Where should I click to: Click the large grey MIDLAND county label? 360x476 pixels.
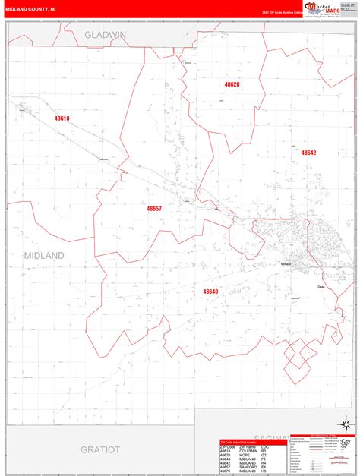44,255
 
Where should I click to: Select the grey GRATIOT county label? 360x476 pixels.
100,449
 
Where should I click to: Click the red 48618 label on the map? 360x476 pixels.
62,119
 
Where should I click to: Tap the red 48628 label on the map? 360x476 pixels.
232,84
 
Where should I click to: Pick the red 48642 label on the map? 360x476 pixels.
308,153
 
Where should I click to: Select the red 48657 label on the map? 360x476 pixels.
154,208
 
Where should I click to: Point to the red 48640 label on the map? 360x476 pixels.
210,292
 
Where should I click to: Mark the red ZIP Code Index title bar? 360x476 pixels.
242,441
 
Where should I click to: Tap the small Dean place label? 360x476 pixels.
321,287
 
